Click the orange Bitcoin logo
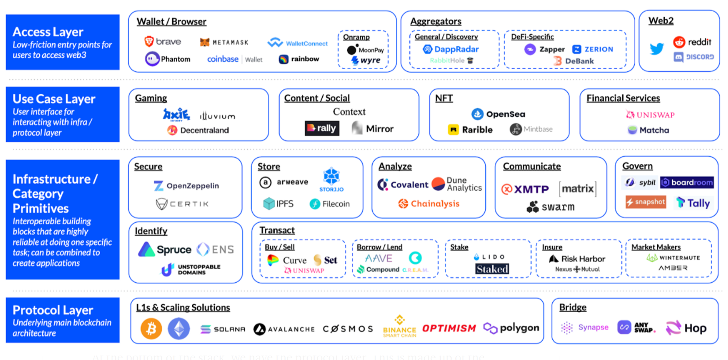(151, 329)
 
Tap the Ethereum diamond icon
(179, 329)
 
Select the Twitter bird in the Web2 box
(657, 49)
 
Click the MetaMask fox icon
(205, 42)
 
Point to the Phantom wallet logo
(152, 59)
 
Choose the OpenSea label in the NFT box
(505, 114)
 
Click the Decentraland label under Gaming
(204, 130)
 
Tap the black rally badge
(322, 128)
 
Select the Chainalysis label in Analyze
(435, 204)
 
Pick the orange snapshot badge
(645, 202)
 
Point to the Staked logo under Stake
(492, 269)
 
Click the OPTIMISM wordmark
(449, 329)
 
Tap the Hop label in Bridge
(695, 329)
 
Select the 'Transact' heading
(277, 230)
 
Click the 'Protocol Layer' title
(53, 310)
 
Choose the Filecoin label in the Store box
(336, 204)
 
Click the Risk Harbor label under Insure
(583, 259)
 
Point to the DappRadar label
(456, 50)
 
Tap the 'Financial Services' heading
(623, 98)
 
